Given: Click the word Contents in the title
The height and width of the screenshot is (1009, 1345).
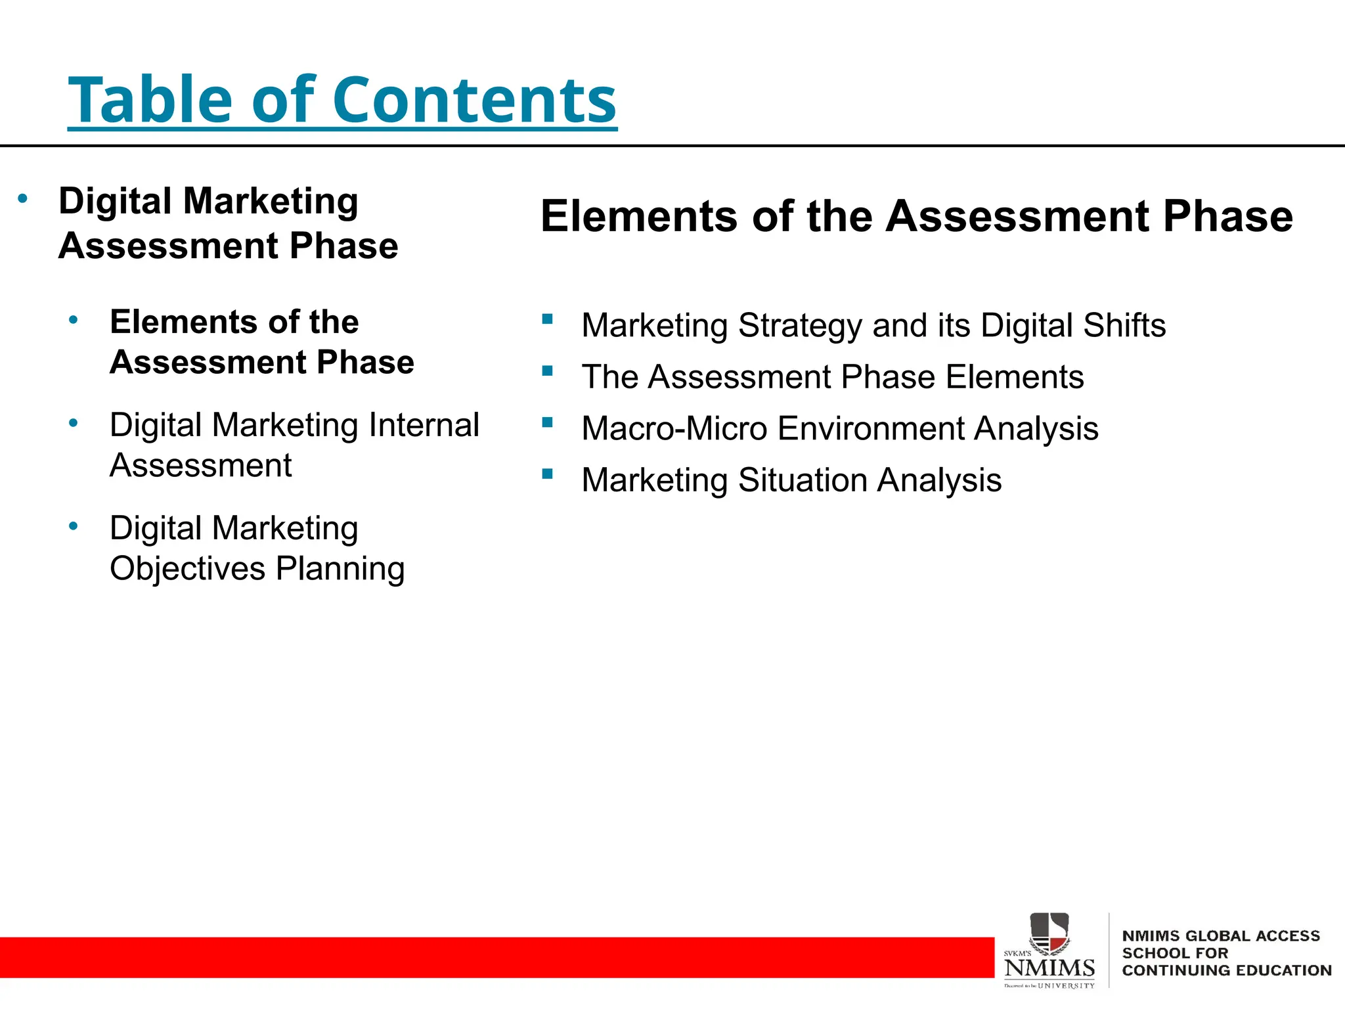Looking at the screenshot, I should click(474, 100).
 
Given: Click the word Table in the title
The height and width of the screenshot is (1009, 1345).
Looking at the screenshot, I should click(150, 100).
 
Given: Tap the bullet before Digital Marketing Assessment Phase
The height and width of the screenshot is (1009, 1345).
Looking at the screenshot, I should click(23, 198).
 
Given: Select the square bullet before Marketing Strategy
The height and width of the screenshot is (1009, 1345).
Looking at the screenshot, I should click(548, 319).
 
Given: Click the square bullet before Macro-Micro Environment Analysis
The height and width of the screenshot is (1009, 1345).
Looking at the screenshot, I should click(548, 422).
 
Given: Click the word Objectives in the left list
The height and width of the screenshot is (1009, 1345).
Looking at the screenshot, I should click(187, 569).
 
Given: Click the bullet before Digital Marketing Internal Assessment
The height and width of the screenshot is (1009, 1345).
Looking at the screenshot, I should click(74, 423).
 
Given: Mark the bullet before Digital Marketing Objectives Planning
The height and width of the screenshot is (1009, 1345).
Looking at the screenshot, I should click(74, 526).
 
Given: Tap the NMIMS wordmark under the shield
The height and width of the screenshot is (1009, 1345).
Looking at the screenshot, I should click(1049, 968).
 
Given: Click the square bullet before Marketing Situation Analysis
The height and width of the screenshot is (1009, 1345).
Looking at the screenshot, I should click(548, 474).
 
